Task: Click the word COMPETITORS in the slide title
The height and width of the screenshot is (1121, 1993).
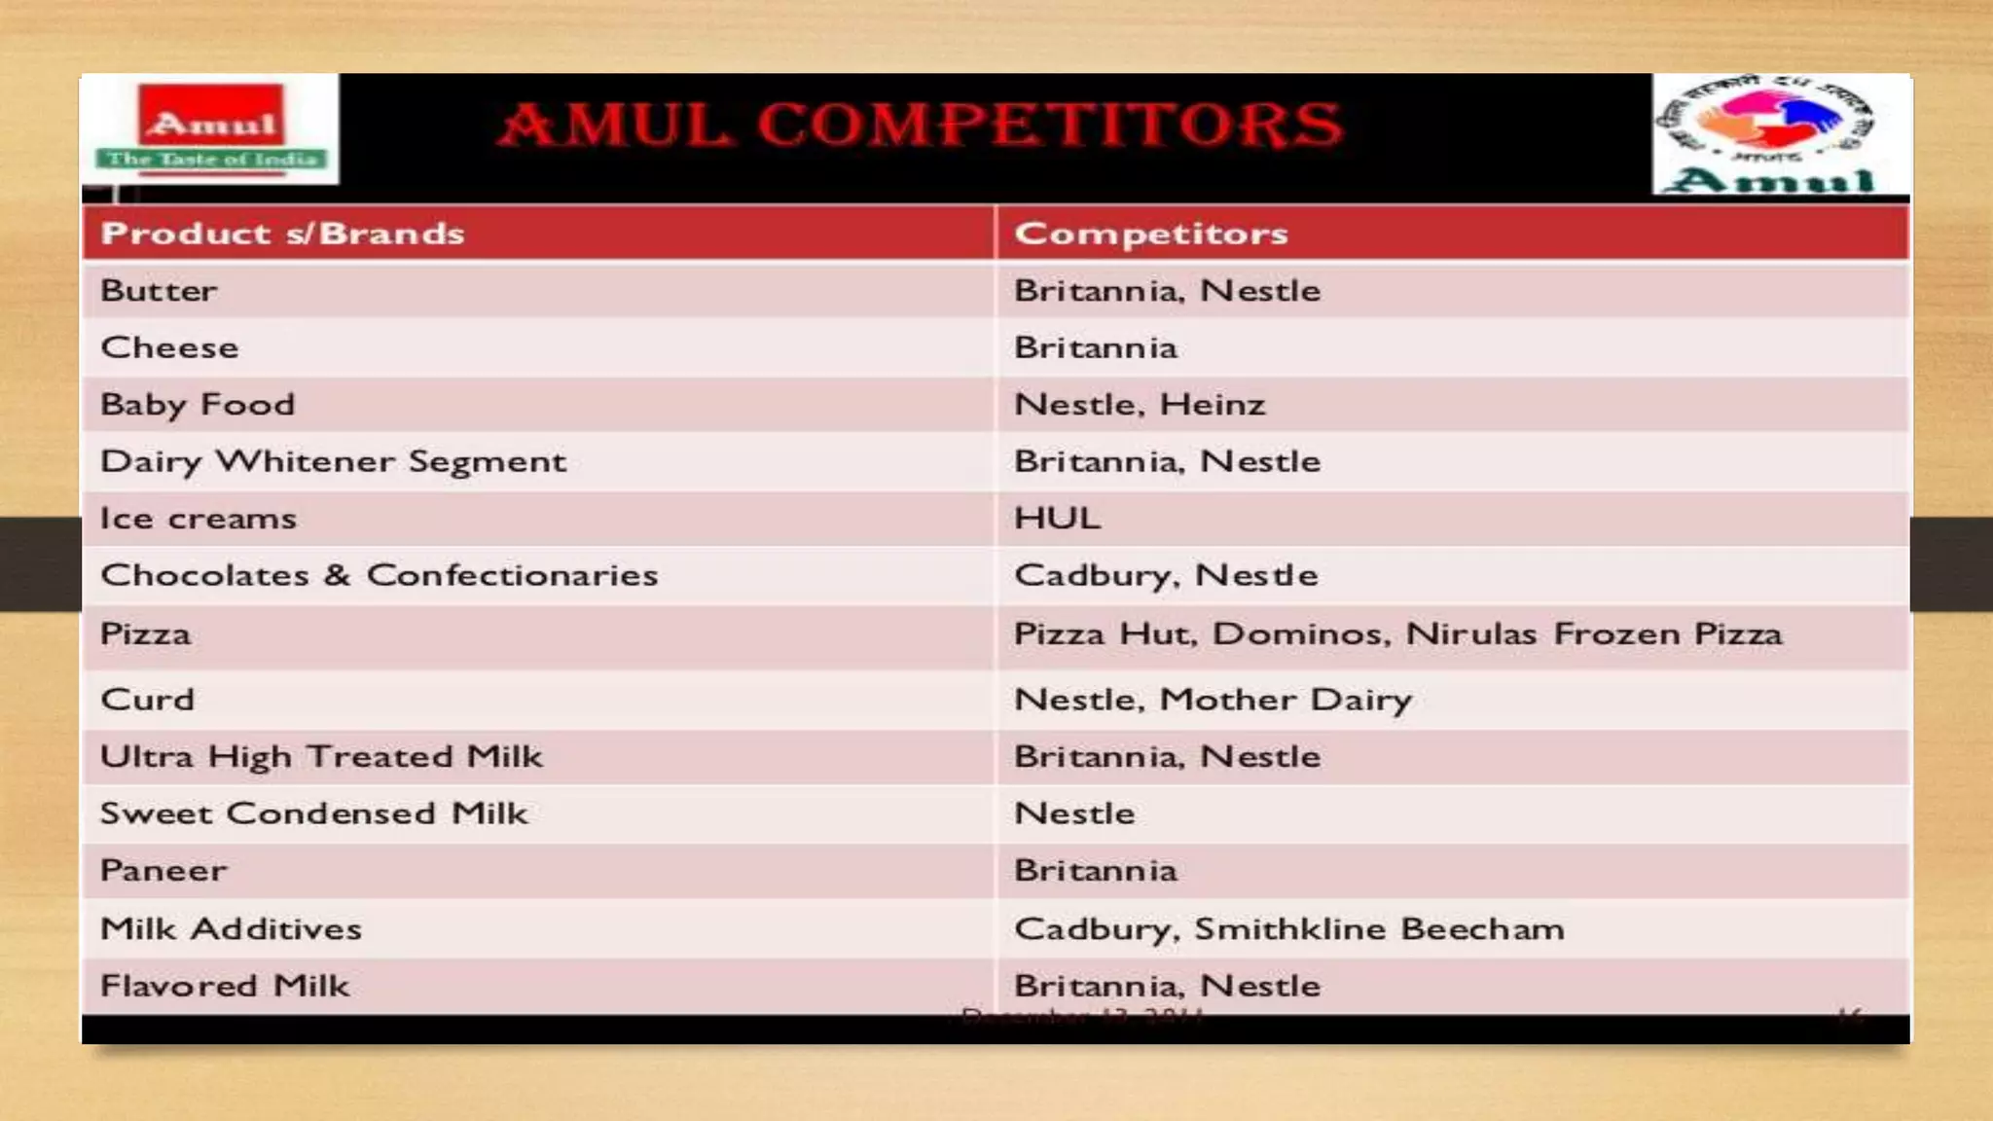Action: click(1050, 125)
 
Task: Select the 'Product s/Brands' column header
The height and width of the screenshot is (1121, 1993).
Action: click(282, 234)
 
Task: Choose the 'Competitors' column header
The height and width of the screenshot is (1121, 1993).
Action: click(1150, 234)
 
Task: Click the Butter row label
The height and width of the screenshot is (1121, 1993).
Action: click(159, 290)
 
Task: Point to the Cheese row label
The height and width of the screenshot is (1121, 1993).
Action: click(169, 347)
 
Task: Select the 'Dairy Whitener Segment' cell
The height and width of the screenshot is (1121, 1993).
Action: click(333, 461)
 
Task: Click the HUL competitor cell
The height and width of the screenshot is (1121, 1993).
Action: click(1057, 518)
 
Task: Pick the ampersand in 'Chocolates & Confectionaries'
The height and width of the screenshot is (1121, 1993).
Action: click(337, 575)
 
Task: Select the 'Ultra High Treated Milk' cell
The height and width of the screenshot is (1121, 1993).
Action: click(321, 756)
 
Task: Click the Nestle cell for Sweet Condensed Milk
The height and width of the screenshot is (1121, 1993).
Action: click(1074, 814)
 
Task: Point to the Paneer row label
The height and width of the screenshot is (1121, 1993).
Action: click(163, 870)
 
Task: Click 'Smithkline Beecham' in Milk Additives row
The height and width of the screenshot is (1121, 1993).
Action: click(1379, 928)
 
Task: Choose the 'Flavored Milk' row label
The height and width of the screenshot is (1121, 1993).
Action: click(224, 986)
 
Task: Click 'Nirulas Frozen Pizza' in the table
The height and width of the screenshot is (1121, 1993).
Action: click(1593, 634)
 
